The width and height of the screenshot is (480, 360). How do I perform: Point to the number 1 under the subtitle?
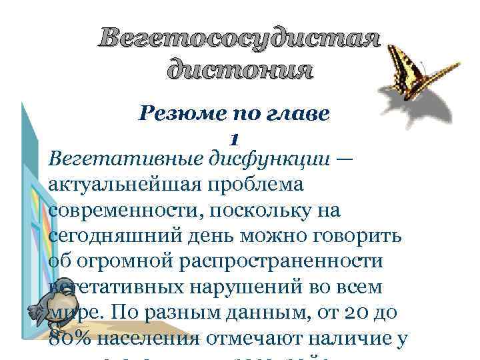234,139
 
